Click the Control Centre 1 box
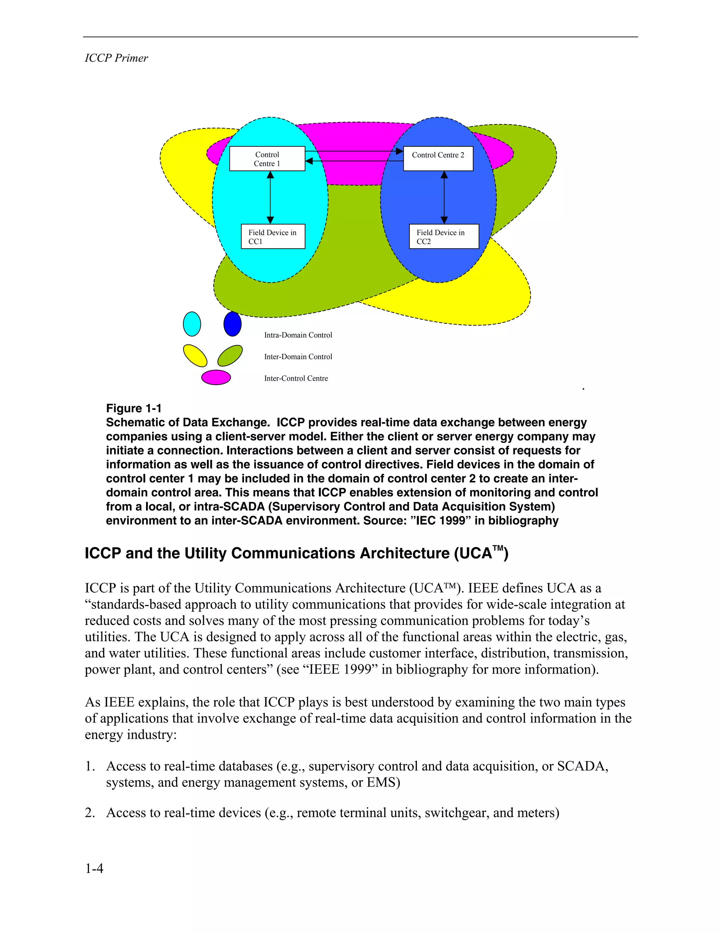pyautogui.click(x=267, y=159)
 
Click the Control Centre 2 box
pyautogui.click(x=438, y=159)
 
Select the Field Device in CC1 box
pyautogui.click(x=272, y=236)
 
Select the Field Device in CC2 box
pyautogui.click(x=444, y=236)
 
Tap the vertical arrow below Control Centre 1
pyautogui.click(x=270, y=198)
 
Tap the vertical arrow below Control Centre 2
pyautogui.click(x=444, y=198)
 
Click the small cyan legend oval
pyautogui.click(x=192, y=324)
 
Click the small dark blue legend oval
pyautogui.click(x=232, y=324)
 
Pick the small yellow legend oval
pyautogui.click(x=195, y=356)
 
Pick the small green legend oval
pyautogui.click(x=230, y=356)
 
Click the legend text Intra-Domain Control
pyautogui.click(x=298, y=335)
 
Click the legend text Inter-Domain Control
pyautogui.click(x=298, y=357)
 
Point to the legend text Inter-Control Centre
pyautogui.click(x=296, y=378)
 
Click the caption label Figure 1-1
pyautogui.click(x=134, y=408)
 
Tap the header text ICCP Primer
pyautogui.click(x=116, y=58)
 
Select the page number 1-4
pyautogui.click(x=94, y=869)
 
